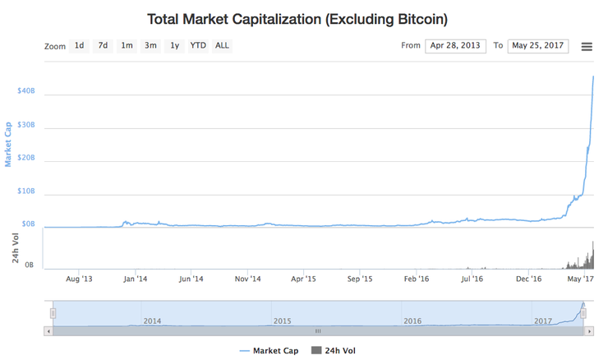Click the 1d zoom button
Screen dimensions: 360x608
pos(79,46)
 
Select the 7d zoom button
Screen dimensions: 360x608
pos(103,46)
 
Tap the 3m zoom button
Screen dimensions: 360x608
pos(150,46)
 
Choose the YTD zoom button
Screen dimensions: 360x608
pos(198,46)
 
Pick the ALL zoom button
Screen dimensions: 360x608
pos(222,46)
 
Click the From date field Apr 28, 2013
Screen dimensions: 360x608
pos(455,46)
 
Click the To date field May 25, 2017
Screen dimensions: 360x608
pos(537,46)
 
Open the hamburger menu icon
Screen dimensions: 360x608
pos(587,47)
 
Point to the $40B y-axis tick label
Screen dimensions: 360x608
pos(26,90)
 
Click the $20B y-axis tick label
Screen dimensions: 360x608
pos(26,157)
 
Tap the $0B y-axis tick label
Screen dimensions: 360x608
pos(28,224)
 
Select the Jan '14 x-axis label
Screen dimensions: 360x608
pos(135,279)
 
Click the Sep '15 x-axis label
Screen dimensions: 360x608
pos(360,279)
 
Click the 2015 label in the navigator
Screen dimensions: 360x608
pos(282,321)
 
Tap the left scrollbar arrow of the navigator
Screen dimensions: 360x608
pos(48,330)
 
